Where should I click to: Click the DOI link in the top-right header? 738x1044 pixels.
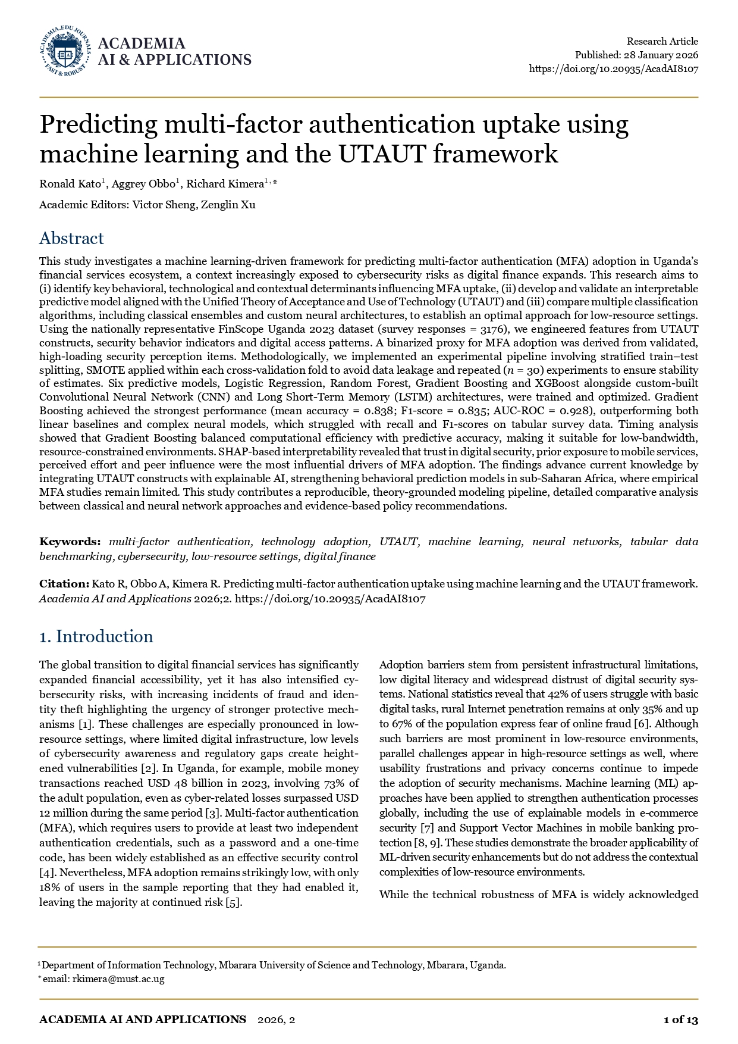coord(613,68)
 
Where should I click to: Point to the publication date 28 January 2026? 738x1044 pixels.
coord(661,55)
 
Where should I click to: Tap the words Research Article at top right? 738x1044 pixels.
coord(662,41)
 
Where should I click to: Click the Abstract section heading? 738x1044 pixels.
coord(71,239)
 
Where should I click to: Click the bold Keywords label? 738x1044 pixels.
coord(70,542)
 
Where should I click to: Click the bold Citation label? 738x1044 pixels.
coord(64,584)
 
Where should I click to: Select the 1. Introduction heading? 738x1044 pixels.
coord(96,637)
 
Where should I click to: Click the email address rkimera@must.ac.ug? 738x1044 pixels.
coord(118,979)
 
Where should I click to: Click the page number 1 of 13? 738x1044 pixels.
coord(680,1020)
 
